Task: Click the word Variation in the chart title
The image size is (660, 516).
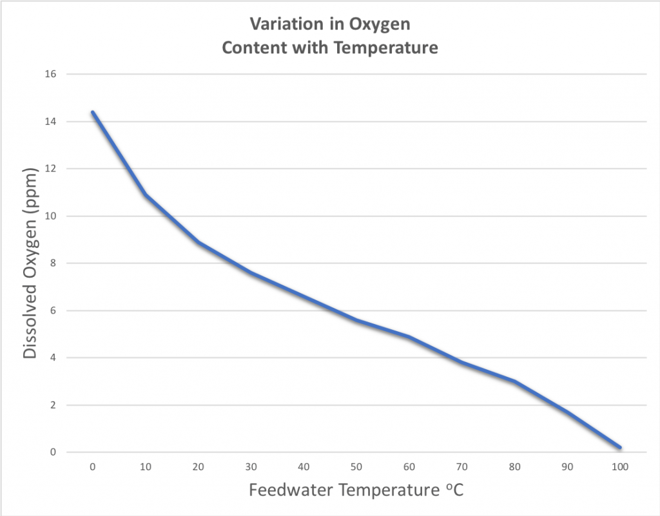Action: [280, 26]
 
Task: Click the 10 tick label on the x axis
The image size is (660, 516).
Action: [146, 466]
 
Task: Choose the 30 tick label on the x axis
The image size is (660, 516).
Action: [251, 466]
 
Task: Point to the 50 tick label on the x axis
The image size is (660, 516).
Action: [356, 466]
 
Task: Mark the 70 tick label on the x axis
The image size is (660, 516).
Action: [461, 466]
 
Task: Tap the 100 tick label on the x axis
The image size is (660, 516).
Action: [619, 466]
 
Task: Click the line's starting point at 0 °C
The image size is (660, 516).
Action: [93, 112]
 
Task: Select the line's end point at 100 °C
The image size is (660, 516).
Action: [619, 447]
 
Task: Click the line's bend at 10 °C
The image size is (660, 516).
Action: [146, 195]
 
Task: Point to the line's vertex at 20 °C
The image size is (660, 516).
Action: [199, 242]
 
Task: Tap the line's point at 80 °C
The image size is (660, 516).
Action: [514, 381]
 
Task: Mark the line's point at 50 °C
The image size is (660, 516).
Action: [356, 320]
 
